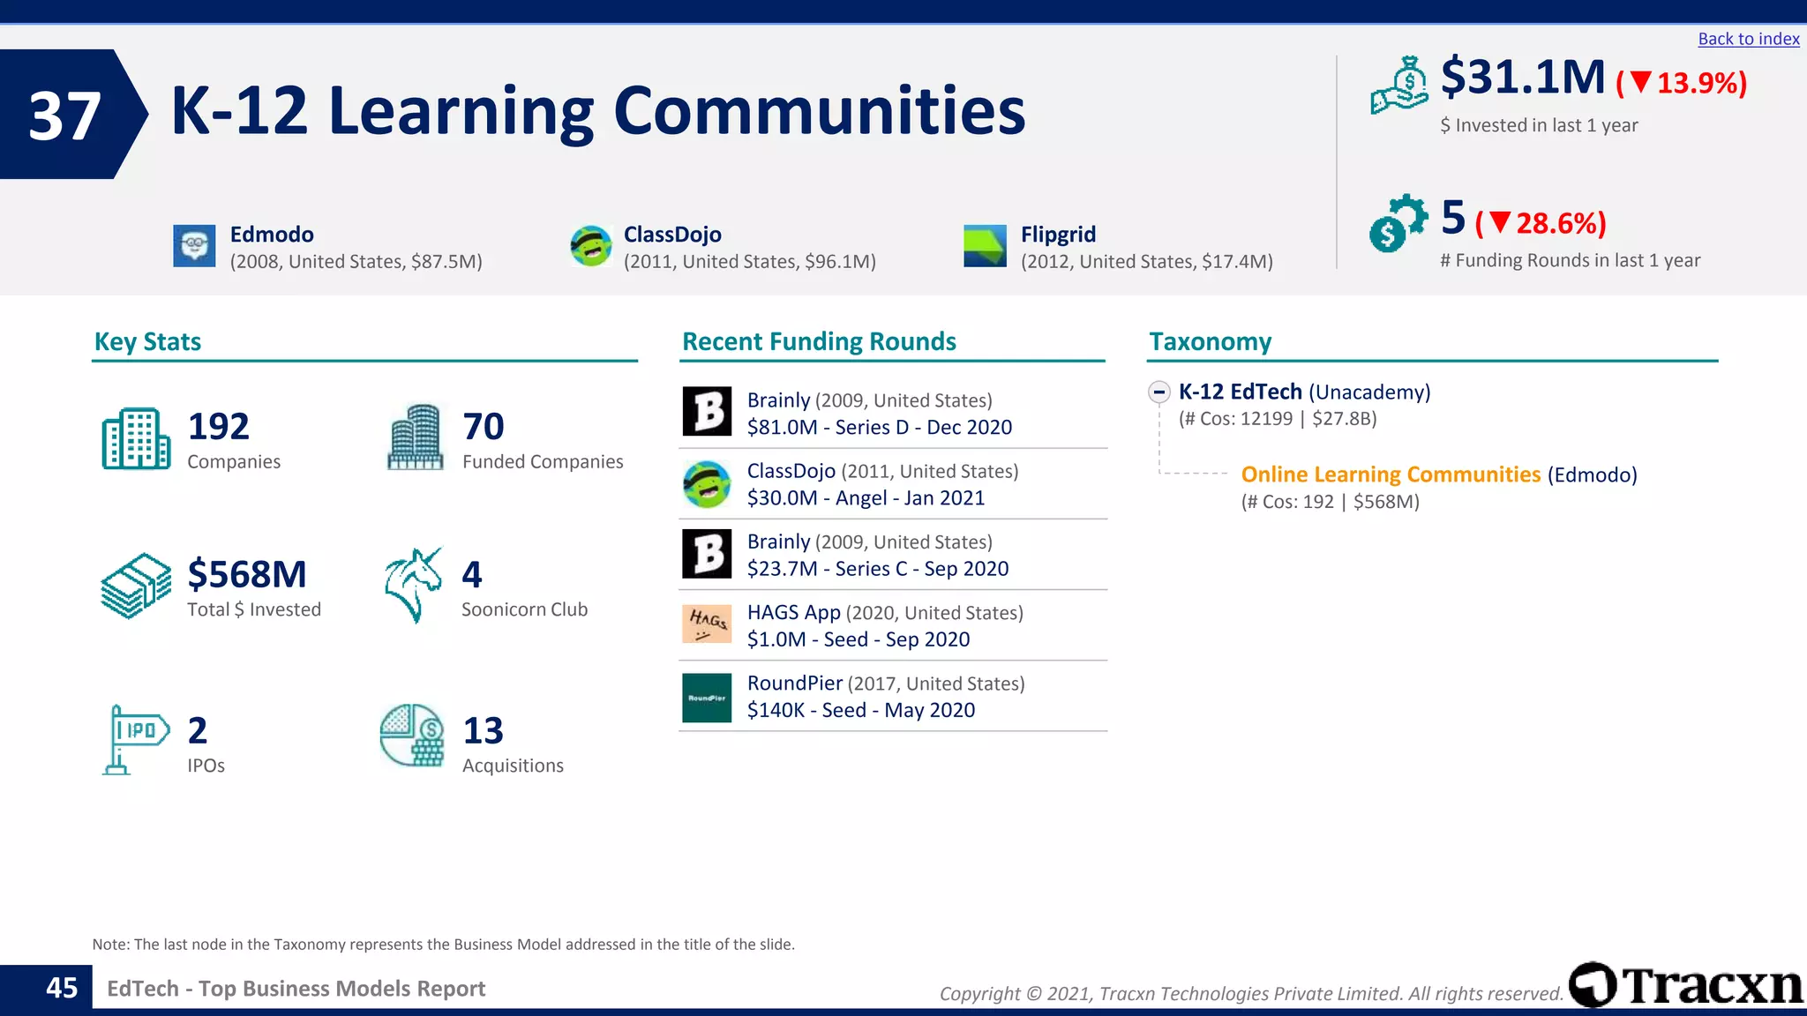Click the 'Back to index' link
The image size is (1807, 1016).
pyautogui.click(x=1748, y=39)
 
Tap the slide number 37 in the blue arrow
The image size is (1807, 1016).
pyautogui.click(x=64, y=116)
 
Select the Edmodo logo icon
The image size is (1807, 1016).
pyautogui.click(x=194, y=245)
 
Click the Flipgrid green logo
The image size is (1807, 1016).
pyautogui.click(x=985, y=245)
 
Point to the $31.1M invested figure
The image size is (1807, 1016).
pyautogui.click(x=1522, y=78)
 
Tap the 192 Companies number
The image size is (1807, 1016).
pyautogui.click(x=218, y=427)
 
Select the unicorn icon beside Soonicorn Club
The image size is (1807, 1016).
pyautogui.click(x=412, y=585)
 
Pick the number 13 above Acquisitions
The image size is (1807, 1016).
pyautogui.click(x=483, y=731)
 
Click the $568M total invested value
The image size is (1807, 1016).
pyautogui.click(x=246, y=575)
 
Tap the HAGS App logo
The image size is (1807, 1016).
pyautogui.click(x=707, y=624)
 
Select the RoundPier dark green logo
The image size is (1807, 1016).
pyautogui.click(x=707, y=698)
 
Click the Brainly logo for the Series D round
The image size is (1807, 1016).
pyautogui.click(x=707, y=412)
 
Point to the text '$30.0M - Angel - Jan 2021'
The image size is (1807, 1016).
pyautogui.click(x=866, y=498)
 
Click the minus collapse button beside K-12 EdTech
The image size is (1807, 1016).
pyautogui.click(x=1159, y=392)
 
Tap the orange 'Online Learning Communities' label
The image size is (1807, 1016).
pyautogui.click(x=1390, y=474)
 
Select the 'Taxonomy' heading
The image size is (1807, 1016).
pyautogui.click(x=1210, y=342)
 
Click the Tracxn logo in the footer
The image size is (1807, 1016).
pyautogui.click(x=1685, y=985)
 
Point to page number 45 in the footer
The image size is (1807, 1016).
pyautogui.click(x=62, y=988)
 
